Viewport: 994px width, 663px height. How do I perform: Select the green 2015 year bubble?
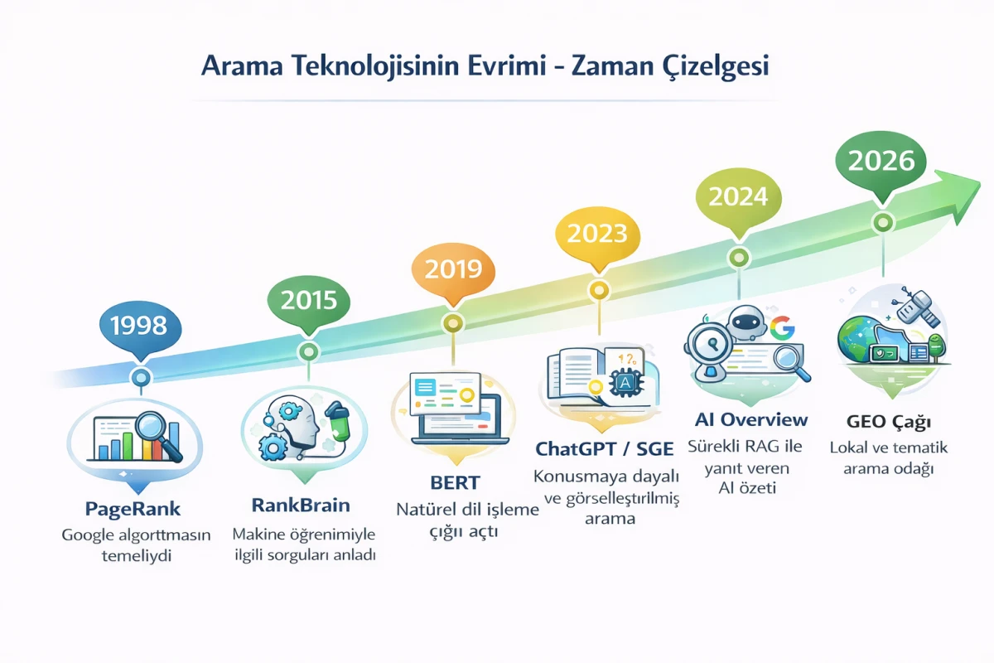coord(308,299)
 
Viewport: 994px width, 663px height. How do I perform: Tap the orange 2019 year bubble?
coord(452,269)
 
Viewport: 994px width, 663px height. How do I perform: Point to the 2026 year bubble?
coord(881,160)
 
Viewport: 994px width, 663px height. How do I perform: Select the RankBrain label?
coord(300,505)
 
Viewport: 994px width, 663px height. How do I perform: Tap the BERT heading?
coord(456,483)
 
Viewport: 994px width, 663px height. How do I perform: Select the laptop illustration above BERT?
coord(455,406)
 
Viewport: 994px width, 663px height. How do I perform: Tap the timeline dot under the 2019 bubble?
coord(452,323)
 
